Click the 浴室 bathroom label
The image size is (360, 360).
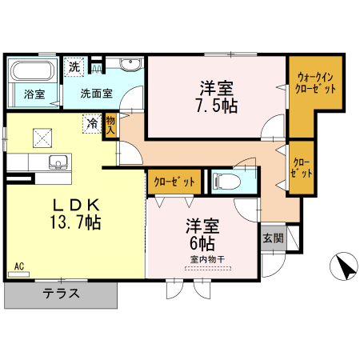coord(34,94)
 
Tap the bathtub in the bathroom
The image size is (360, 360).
coord(33,70)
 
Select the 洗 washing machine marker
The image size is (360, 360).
coord(74,67)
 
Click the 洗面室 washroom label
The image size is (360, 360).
coord(96,93)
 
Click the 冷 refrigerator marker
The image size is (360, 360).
coord(93,123)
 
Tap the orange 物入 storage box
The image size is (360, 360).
coord(110,125)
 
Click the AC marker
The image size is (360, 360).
coord(18,266)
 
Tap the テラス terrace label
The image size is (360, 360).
coord(61,293)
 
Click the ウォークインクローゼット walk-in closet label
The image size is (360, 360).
coord(312,83)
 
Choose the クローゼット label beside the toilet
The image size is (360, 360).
coord(174,182)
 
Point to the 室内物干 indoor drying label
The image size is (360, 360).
coord(207,258)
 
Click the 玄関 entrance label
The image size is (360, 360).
coord(272,238)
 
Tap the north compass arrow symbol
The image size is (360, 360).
coord(344,266)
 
